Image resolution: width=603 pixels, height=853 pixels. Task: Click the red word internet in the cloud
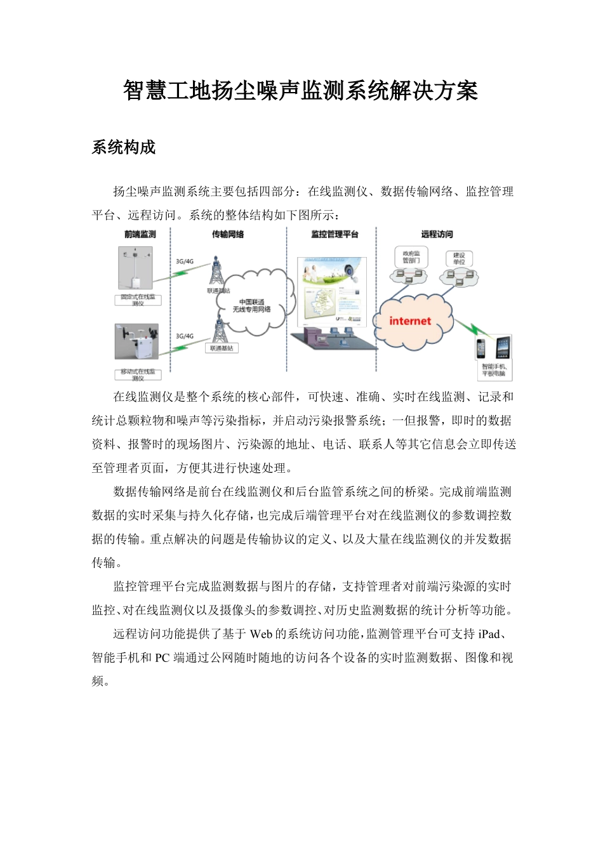coord(410,321)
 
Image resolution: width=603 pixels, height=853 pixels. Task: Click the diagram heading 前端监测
coord(140,234)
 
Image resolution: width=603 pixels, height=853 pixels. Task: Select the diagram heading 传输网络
coord(228,234)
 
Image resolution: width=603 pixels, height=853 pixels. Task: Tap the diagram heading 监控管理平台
coord(335,234)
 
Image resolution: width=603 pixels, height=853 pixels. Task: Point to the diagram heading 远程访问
coord(437,234)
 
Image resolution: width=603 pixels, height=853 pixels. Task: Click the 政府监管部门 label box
coord(411,257)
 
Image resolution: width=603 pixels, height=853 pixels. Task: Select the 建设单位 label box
coord(459,258)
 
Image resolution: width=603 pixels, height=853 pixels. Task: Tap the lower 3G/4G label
coord(185,336)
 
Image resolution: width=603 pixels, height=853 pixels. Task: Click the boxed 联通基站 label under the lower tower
coord(221,348)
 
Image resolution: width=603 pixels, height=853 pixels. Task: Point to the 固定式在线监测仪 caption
coord(138,300)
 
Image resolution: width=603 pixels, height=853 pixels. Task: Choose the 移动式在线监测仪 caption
coord(138,374)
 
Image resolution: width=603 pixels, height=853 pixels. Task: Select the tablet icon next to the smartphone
coord(503,348)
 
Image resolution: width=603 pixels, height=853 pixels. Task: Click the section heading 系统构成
coord(124,148)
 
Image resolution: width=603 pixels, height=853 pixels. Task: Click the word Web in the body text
coord(261,634)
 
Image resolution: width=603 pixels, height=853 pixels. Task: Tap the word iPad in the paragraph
coord(489,634)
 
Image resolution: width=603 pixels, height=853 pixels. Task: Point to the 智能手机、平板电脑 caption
coord(494,370)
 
